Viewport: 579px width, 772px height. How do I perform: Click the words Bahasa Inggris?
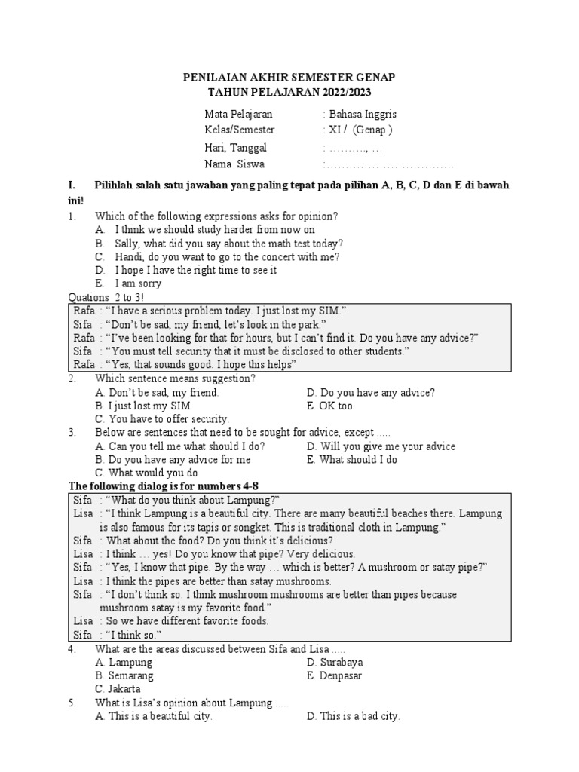361,115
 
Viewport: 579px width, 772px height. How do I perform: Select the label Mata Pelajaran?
238,115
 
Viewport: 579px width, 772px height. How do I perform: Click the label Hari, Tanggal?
235,148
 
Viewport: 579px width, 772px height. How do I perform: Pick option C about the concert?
218,256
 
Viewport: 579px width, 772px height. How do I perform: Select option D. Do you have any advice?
371,392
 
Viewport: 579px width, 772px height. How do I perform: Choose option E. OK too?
331,406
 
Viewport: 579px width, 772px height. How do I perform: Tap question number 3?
72,433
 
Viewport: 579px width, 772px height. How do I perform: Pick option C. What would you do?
147,473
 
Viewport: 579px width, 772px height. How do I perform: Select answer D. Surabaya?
335,662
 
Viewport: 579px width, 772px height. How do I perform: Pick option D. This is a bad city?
353,716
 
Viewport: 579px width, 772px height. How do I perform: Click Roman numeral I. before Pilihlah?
72,185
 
